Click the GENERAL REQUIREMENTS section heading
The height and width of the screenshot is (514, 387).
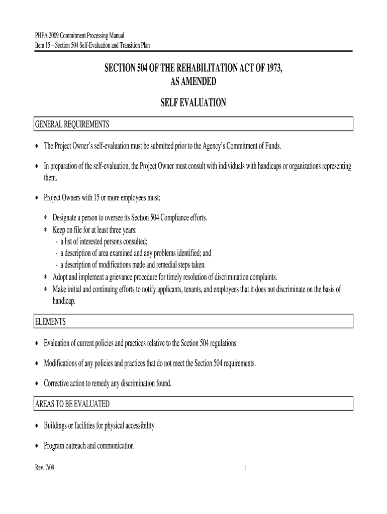point(71,124)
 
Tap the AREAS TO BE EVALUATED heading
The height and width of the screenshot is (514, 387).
point(72,404)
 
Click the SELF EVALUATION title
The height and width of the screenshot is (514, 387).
point(193,103)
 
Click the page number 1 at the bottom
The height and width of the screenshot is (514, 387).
point(244,468)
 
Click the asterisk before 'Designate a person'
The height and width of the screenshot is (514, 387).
point(46,219)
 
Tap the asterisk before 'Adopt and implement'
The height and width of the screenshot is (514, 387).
point(46,278)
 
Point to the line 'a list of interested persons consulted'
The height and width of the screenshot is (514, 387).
point(104,241)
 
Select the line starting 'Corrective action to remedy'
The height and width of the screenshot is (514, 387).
point(108,383)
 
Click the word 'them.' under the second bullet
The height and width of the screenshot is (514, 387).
point(51,178)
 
